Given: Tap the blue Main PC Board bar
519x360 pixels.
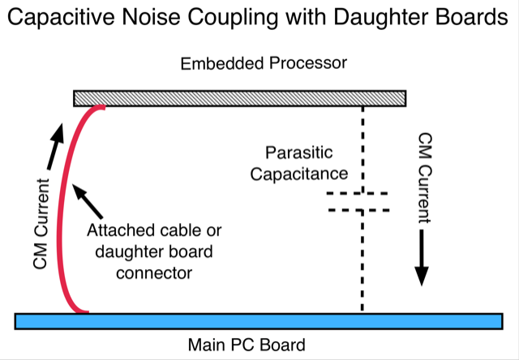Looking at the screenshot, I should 259,321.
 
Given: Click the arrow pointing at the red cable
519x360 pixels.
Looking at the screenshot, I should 88,201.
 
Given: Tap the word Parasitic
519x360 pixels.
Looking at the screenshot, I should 298,154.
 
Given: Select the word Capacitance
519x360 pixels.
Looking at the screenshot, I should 298,174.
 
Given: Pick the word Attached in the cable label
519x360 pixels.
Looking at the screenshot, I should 114,230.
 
